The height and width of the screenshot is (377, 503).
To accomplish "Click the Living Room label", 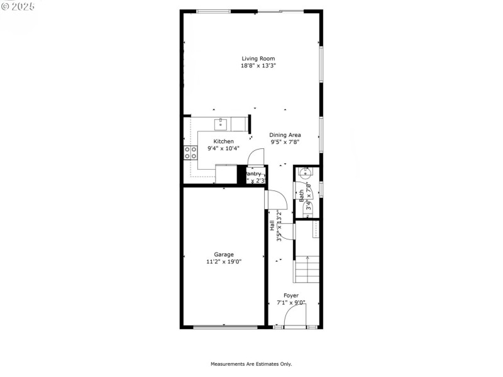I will (x=258, y=58).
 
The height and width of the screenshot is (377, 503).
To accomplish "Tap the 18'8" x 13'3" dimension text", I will (x=258, y=65).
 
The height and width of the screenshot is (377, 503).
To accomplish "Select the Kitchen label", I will (x=223, y=141).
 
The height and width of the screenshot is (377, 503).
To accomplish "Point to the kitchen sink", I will (x=221, y=123).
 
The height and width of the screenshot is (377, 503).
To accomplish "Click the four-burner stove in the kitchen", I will (x=190, y=152).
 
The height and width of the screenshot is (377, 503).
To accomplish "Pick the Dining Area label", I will (x=285, y=134).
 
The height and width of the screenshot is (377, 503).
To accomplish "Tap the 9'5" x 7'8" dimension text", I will (x=285, y=142).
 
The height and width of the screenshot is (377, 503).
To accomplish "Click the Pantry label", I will (x=254, y=174).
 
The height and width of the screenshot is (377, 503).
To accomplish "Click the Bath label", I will (x=302, y=195).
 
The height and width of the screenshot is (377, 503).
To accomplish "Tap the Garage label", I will (x=223, y=254).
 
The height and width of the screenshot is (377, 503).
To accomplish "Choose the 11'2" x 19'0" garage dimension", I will (x=223, y=262).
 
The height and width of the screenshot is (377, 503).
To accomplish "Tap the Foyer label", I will (x=290, y=295).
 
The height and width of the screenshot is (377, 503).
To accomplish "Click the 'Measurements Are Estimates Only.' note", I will (x=251, y=364).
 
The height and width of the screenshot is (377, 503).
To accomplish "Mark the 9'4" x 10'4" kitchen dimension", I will (x=223, y=149).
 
